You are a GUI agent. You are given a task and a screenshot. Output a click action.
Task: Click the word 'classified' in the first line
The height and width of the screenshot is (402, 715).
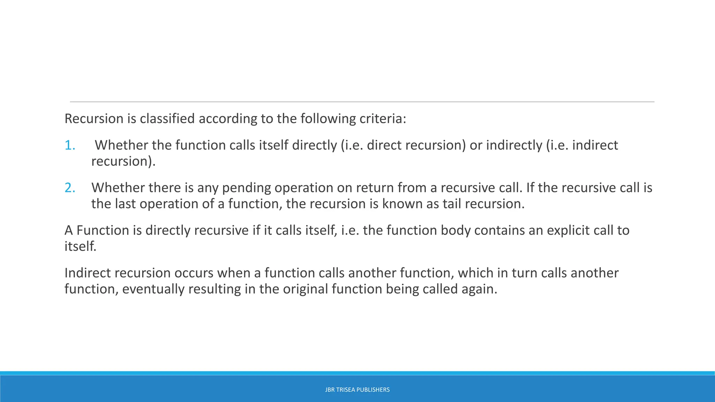pos(167,119)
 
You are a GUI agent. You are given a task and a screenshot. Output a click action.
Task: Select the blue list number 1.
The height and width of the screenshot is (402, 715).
pos(70,145)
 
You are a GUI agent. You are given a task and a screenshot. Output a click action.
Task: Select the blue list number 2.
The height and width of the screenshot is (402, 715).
pos(70,188)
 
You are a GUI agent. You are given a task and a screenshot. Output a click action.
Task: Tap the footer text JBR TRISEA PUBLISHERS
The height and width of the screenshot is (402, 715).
pos(357,390)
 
